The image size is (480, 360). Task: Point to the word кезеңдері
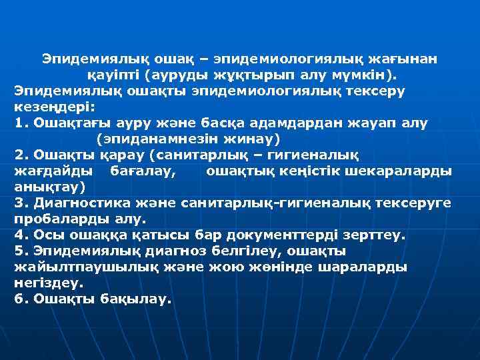(x=50, y=106)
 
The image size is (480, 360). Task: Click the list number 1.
(x=19, y=123)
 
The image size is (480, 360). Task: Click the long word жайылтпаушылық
(x=83, y=267)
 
